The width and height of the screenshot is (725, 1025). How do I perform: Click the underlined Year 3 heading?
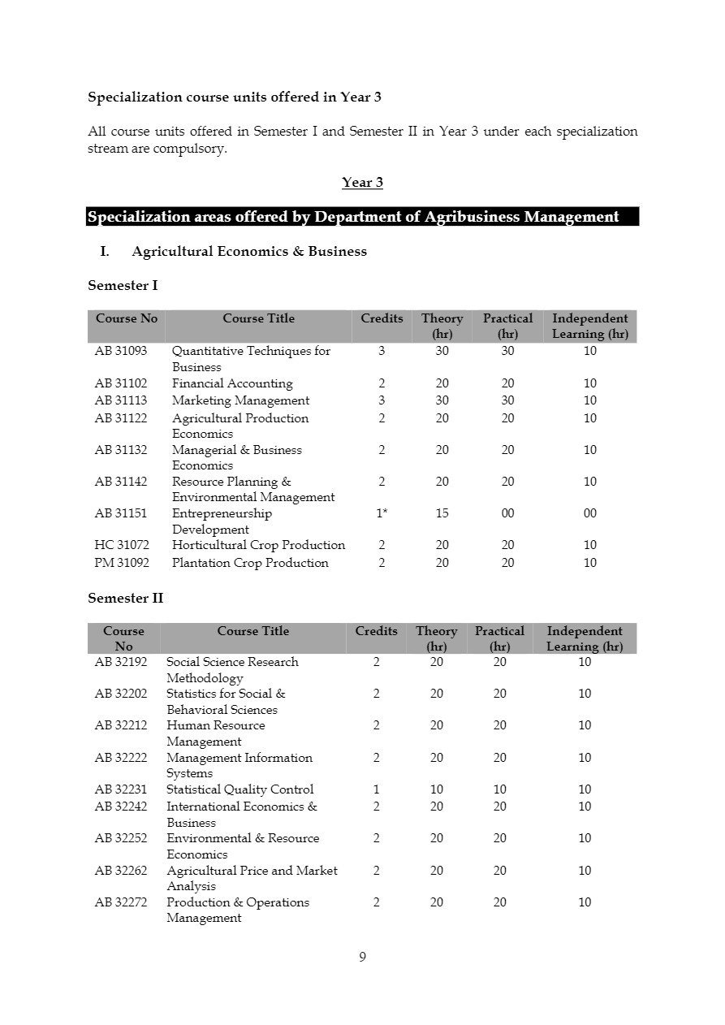point(362,183)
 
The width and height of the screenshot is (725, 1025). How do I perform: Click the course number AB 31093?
point(121,351)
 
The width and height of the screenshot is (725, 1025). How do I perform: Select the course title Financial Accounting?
point(232,383)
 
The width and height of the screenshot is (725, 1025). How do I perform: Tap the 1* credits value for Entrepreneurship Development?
point(382,513)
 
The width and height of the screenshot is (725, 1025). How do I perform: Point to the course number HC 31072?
point(122,545)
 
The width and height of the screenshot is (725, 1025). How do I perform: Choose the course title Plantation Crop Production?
point(250,563)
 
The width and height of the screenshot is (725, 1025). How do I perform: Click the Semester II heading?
point(125,599)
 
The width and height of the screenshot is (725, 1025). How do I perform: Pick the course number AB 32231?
point(121,789)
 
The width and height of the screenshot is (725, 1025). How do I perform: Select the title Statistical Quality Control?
point(240,789)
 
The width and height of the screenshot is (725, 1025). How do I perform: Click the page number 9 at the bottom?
point(362,957)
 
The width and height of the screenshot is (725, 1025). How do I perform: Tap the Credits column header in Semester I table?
point(382,318)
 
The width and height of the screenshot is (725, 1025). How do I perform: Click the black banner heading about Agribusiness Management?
point(362,217)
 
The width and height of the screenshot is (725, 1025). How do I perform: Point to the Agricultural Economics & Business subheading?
point(248,252)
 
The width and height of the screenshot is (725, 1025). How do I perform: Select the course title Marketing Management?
point(240,400)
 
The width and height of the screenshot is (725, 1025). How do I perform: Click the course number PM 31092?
point(122,563)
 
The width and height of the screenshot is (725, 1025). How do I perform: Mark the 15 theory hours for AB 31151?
point(442,513)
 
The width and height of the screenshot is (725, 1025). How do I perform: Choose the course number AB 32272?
point(121,902)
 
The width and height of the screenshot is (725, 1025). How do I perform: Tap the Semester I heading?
point(123,286)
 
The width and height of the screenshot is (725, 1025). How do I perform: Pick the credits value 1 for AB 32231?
point(376,789)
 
